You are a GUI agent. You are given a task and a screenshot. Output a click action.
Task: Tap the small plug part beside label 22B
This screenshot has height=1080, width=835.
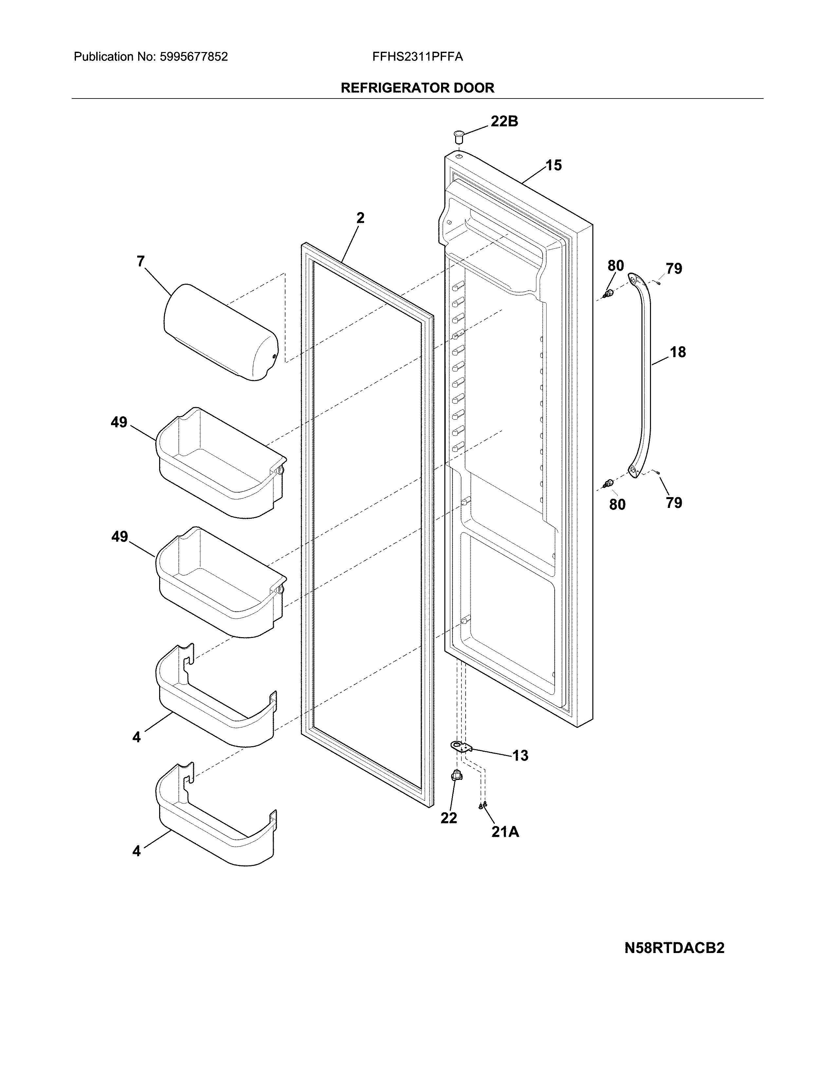coord(458,135)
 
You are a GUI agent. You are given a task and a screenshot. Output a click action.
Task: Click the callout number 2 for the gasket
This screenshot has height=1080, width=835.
coord(360,218)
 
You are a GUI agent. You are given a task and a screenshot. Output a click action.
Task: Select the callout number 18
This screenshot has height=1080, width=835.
coord(678,352)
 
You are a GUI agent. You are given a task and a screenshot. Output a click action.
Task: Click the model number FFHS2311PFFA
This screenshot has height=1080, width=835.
coord(417,57)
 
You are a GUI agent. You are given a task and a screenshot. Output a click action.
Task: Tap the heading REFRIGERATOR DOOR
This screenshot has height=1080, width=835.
coord(417,88)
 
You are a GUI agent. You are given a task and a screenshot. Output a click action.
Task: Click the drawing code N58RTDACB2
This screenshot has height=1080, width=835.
coord(674,948)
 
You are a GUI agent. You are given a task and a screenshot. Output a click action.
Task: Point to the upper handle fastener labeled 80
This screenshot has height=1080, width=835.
coord(609,294)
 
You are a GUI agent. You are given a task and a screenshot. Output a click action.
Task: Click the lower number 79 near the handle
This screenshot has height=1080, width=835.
coord(674,503)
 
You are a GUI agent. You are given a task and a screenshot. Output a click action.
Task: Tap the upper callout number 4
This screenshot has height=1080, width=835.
coord(137,737)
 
